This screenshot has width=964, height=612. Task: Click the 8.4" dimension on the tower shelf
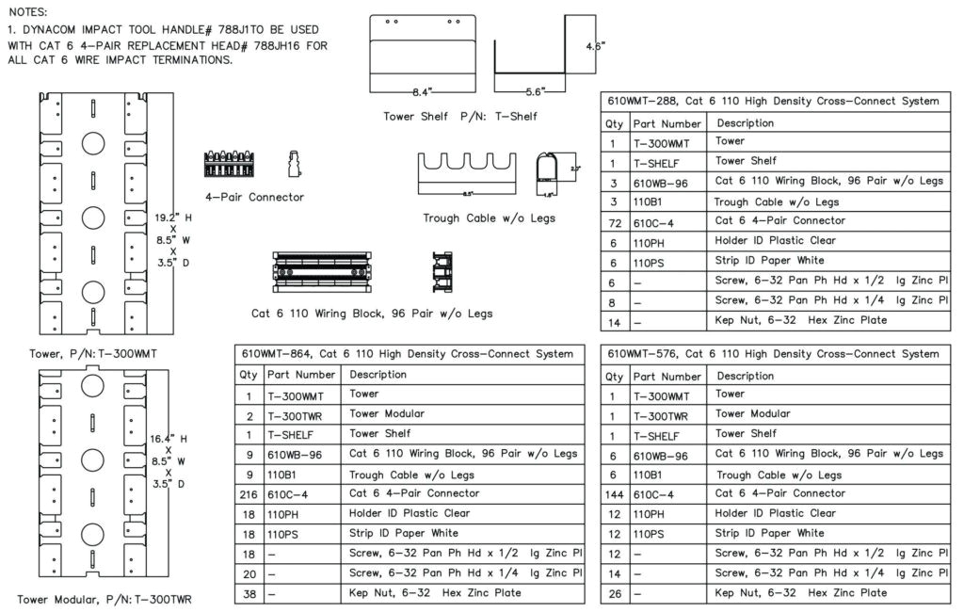[x=421, y=92]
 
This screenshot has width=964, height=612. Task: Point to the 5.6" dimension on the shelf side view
[x=535, y=92]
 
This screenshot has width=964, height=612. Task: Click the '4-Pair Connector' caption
[x=254, y=197]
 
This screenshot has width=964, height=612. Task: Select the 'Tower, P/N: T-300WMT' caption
[x=93, y=354]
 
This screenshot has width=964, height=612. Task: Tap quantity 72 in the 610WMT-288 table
[x=614, y=221]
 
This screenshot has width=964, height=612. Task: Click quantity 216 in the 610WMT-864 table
[x=249, y=493]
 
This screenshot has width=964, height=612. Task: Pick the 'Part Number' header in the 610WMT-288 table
[x=667, y=123]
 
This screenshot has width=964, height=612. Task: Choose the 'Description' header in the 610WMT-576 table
[x=745, y=376]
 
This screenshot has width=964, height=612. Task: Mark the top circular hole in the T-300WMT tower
[x=93, y=143]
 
